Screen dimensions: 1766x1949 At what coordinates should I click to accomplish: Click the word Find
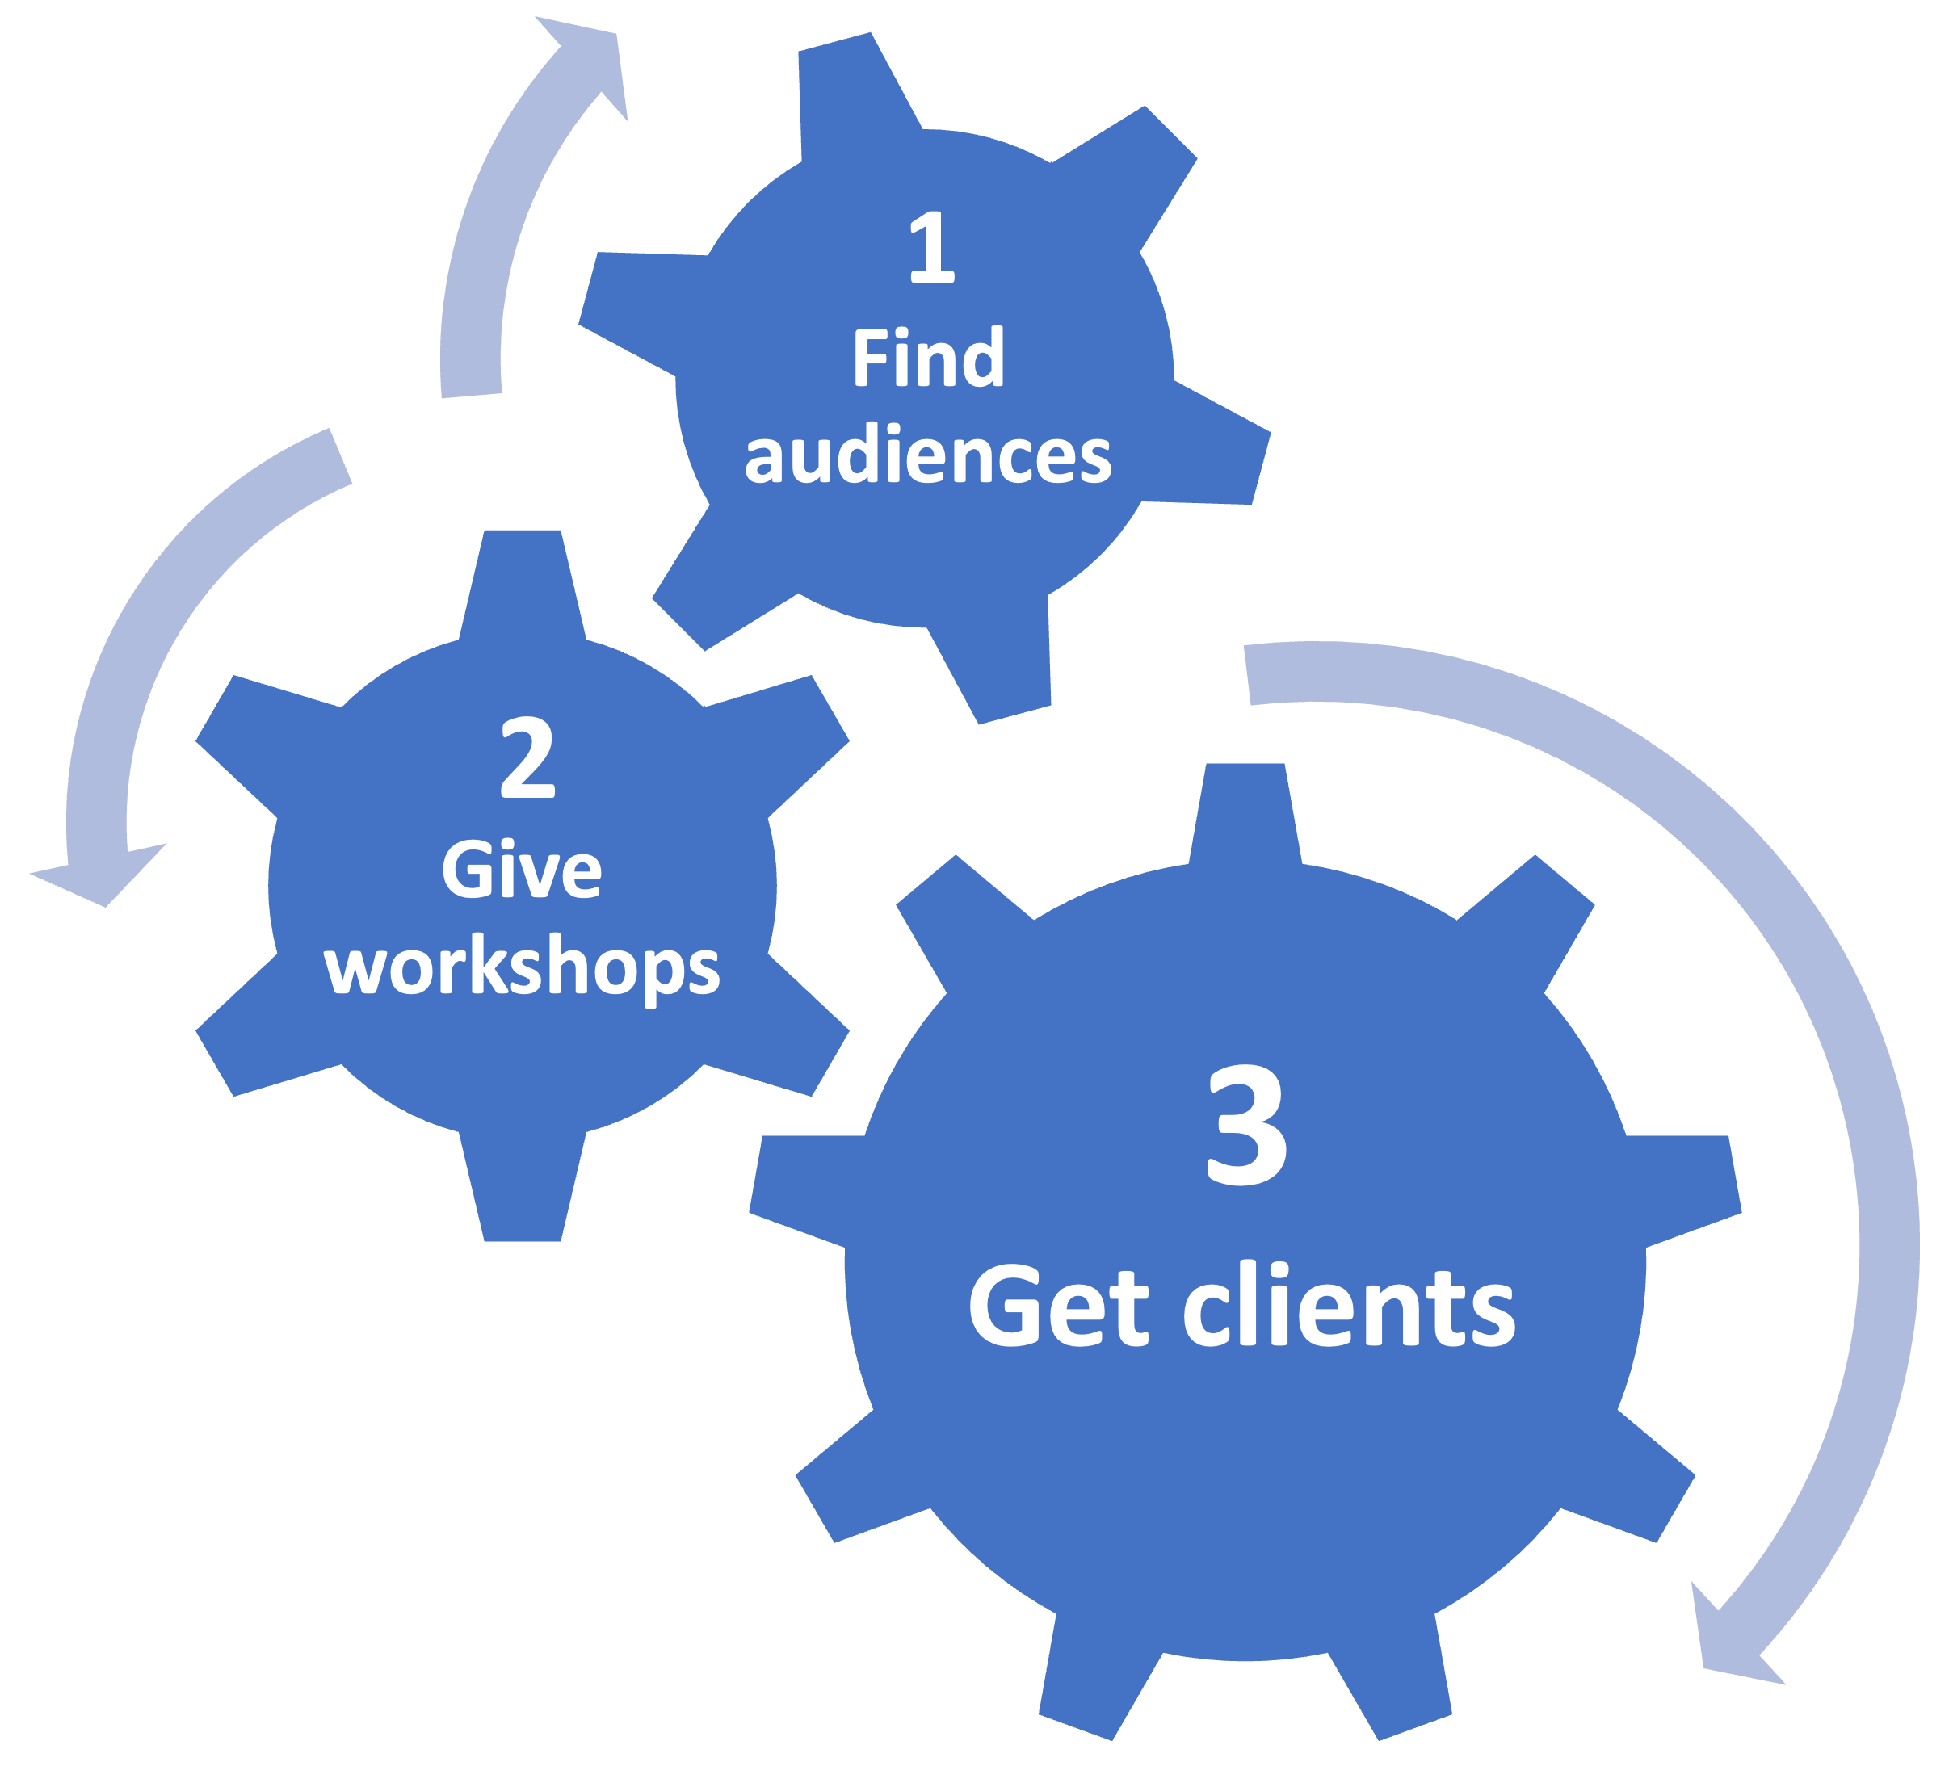pyautogui.click(x=928, y=359)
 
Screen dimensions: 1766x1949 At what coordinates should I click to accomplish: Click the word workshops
pyautogui.click(x=522, y=967)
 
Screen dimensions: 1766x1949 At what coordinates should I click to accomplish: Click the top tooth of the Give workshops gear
pyautogui.click(x=522, y=580)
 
